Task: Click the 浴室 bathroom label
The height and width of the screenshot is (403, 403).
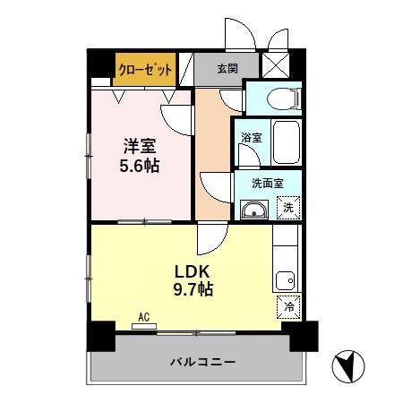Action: [x=251, y=138]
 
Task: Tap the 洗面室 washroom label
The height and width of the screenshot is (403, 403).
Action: [x=268, y=184]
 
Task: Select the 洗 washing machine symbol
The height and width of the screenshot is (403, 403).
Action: [x=288, y=208]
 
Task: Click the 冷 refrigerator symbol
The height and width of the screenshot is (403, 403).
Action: [x=289, y=306]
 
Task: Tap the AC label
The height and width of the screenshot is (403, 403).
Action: [x=143, y=316]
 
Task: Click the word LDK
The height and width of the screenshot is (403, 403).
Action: [x=193, y=270]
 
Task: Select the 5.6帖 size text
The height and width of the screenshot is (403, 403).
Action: [x=140, y=166]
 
